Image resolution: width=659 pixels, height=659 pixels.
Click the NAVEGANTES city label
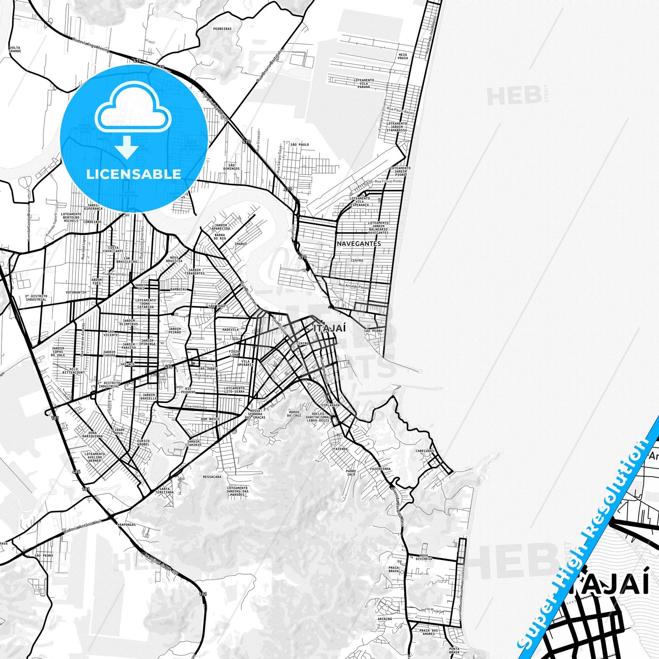[358, 244]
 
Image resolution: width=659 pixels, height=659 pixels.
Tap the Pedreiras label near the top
[222, 29]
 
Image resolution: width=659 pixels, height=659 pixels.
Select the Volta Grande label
[15, 49]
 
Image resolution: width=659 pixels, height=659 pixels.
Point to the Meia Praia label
[403, 56]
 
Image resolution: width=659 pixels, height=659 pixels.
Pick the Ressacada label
[212, 477]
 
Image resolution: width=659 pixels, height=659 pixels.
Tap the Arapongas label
[126, 525]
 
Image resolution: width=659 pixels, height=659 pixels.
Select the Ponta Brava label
[454, 651]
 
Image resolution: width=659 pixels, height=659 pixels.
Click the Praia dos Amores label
[428, 632]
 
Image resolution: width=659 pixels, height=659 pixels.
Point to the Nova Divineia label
[424, 557]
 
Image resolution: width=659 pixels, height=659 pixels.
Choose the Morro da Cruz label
[294, 414]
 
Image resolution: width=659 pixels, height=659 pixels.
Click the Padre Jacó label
[351, 473]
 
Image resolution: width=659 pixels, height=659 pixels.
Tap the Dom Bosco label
[210, 419]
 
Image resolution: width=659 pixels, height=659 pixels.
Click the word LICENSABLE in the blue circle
[134, 174]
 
